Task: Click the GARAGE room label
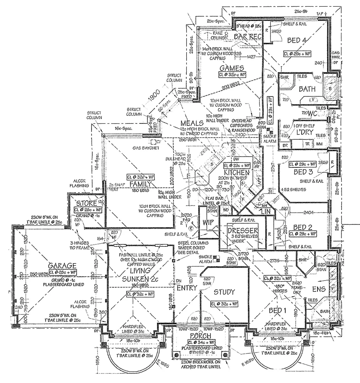62,266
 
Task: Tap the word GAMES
232,68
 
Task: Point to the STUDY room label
224,292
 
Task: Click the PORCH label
200,336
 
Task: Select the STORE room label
87,204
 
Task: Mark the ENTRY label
187,288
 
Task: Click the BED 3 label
304,172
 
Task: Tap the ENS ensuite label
318,289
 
